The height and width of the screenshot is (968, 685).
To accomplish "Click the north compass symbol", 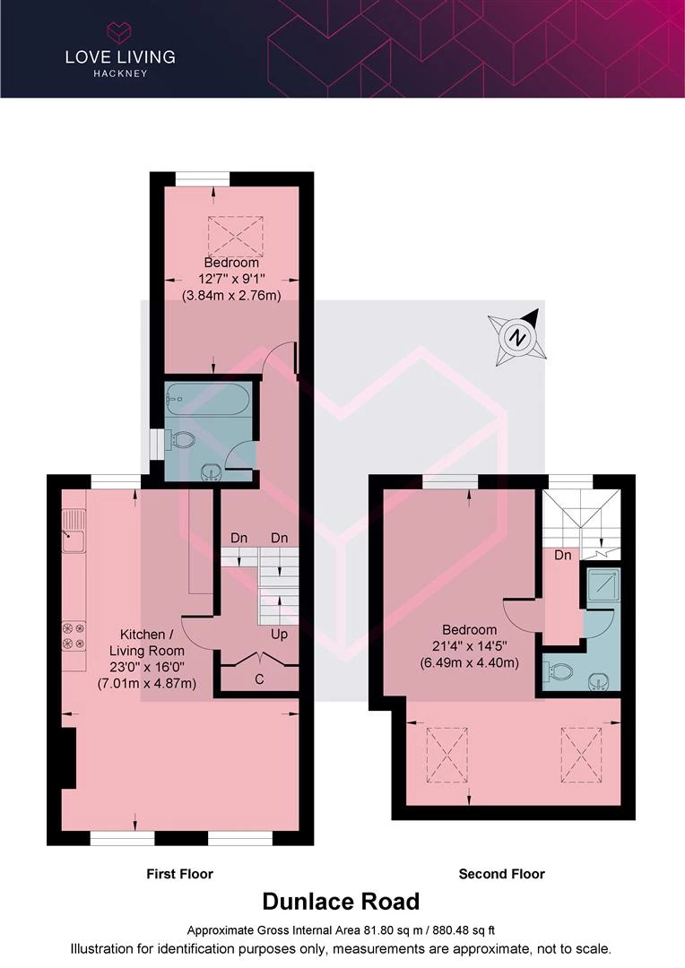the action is [517, 337].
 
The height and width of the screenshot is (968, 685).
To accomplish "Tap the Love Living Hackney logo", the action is [120, 50].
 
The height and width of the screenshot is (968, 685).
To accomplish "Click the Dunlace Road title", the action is [341, 902].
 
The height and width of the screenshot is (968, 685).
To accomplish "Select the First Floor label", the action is [179, 874].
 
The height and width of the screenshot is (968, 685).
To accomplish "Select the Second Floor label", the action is [501, 874].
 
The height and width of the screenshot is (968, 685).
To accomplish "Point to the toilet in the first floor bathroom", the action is [182, 439].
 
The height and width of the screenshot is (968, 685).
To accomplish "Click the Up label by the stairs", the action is [279, 634].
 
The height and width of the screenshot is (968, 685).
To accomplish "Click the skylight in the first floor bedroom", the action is [235, 236].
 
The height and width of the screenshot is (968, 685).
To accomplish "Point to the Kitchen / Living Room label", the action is [146, 642].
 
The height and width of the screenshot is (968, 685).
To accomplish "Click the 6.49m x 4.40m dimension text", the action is [469, 663].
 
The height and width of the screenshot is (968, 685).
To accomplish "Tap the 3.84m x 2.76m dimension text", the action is [231, 295].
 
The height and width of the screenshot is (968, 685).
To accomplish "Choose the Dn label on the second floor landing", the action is [563, 555].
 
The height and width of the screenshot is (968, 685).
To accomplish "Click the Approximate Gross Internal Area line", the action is [341, 929].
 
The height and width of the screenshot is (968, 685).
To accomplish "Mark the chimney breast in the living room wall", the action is [68, 757].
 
